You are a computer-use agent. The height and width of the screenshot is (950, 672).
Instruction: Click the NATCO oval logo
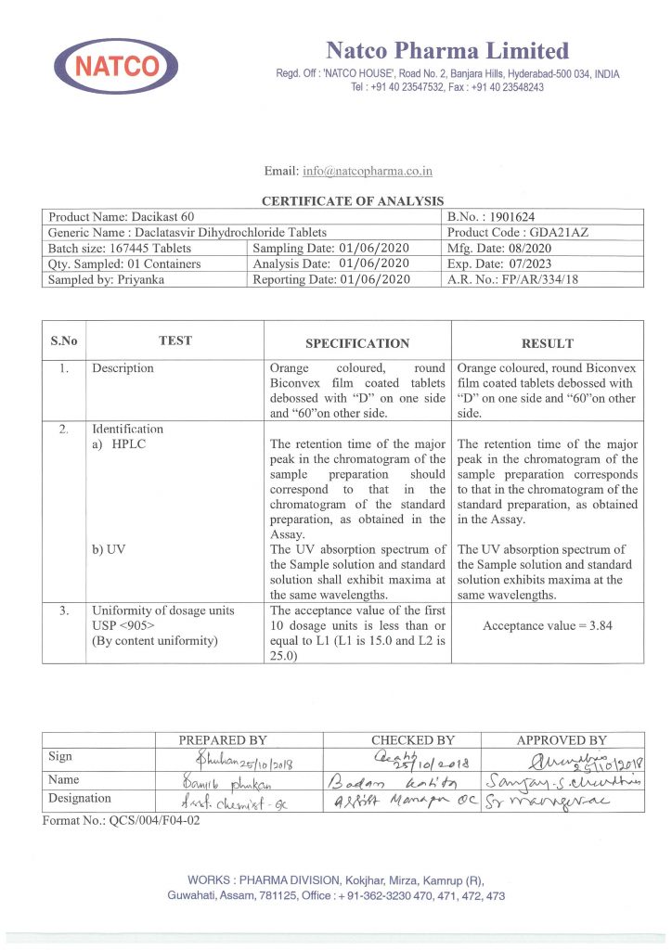117,66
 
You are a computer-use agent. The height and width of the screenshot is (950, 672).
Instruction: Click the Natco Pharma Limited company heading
446,50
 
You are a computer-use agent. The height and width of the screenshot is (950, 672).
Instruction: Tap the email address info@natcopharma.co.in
367,171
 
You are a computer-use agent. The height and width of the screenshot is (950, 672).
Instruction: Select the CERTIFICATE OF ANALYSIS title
352,200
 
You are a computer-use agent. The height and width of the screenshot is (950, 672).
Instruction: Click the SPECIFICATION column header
357,343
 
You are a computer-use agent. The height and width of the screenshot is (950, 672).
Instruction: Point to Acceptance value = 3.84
547,625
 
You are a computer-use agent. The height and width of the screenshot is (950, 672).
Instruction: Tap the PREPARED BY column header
222,739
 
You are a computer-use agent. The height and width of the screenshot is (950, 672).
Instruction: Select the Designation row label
80,798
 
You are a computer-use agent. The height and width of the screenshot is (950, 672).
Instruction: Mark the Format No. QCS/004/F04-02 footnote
121,820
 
